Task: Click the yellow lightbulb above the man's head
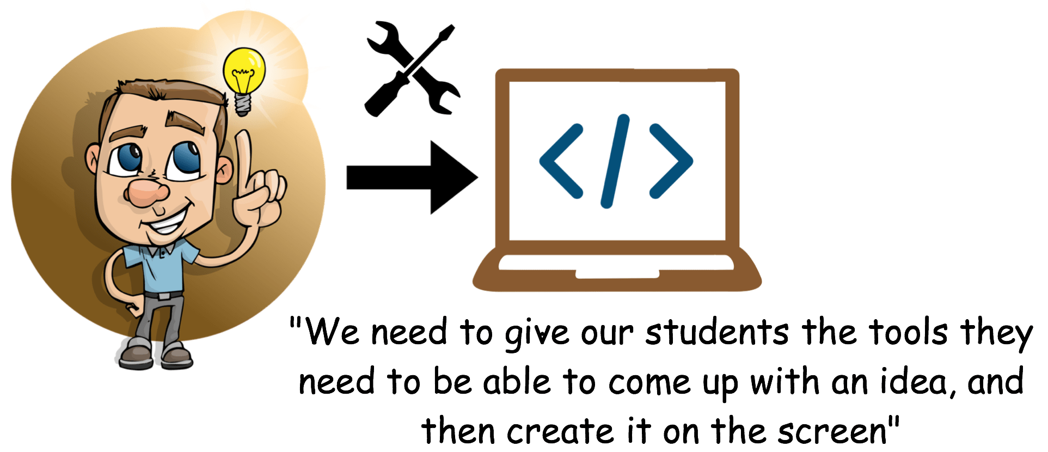[x=244, y=69]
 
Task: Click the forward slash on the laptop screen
[x=615, y=161]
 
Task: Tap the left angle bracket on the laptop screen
[x=561, y=161]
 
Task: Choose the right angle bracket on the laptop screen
[x=671, y=161]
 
